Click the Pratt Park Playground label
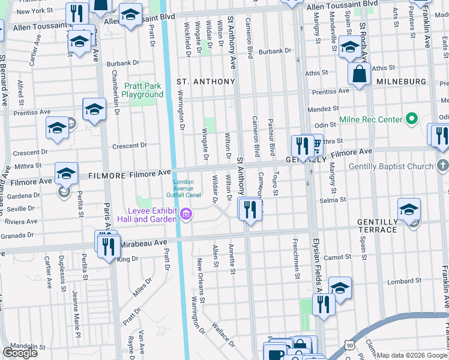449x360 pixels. coord(142,90)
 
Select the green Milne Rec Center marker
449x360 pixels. coord(411,119)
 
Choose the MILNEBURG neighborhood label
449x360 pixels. coord(401,81)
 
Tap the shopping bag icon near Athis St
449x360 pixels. coord(359,74)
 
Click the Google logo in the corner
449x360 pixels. coord(20,353)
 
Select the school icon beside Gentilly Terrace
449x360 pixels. coord(409,210)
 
